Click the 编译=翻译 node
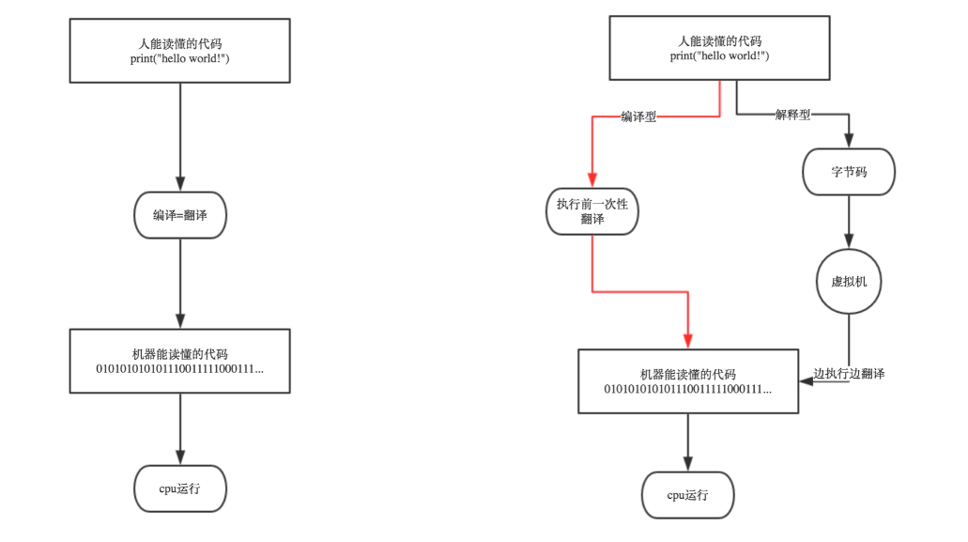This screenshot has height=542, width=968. click(x=180, y=215)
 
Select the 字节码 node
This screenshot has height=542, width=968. click(x=849, y=172)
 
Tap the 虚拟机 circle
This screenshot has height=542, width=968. click(x=849, y=282)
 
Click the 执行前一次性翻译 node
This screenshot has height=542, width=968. click(x=592, y=211)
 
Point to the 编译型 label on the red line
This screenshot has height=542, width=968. click(x=638, y=116)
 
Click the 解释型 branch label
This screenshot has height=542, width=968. click(x=792, y=115)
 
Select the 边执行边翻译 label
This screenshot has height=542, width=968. click(x=849, y=374)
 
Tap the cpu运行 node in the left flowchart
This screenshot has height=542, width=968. click(x=180, y=488)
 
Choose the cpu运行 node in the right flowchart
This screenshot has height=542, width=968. click(x=687, y=495)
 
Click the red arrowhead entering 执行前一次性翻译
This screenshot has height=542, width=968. click(x=592, y=179)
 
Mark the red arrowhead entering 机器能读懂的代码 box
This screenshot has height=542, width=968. click(x=687, y=341)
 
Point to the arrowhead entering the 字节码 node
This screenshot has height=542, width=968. click(x=849, y=140)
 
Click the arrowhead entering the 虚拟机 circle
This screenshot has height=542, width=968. click(x=849, y=241)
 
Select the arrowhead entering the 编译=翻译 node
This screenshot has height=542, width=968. click(x=180, y=183)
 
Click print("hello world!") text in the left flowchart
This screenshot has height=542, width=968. click(x=179, y=58)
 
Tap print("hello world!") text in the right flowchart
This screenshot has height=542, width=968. click(x=719, y=56)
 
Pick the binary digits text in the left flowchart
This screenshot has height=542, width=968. click(x=179, y=369)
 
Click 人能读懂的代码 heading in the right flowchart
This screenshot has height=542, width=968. click(x=719, y=41)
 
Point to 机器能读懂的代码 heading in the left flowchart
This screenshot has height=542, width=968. click(x=179, y=354)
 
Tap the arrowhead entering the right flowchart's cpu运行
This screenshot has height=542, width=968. click(x=687, y=464)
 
